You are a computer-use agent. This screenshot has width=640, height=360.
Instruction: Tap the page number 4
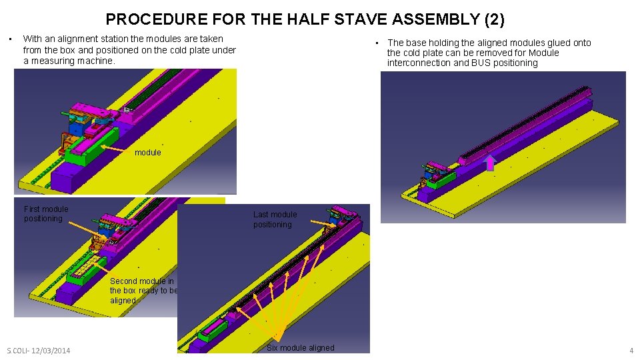click(631, 351)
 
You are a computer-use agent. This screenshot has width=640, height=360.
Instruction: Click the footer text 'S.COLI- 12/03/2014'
click(39, 351)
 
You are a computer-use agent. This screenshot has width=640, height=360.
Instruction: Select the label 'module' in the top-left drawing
click(148, 153)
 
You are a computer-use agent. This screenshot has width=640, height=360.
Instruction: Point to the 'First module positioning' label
click(46, 214)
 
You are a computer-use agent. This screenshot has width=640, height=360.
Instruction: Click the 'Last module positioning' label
click(275, 219)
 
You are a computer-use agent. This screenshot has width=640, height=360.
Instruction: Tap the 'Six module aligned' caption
click(300, 347)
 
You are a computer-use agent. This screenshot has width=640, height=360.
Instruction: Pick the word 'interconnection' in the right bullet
click(418, 63)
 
